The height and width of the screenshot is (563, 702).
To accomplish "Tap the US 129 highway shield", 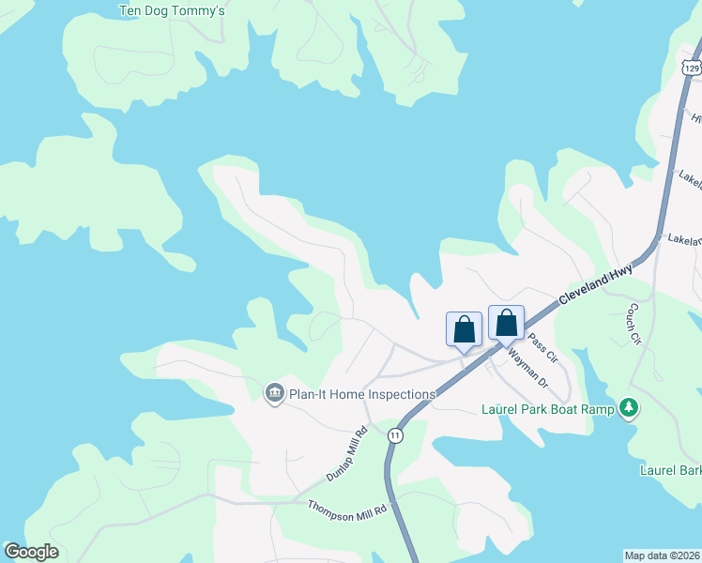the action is click(691, 68).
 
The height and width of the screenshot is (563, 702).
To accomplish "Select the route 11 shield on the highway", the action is click(395, 435).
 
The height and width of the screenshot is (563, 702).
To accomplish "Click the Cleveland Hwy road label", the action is click(596, 283).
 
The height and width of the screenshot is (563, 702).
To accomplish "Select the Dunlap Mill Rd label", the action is click(346, 456).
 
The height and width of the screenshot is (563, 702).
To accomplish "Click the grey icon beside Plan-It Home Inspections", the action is click(274, 392).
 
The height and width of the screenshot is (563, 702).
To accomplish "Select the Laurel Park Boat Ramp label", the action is click(547, 409).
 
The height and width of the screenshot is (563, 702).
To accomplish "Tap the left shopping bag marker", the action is click(464, 329).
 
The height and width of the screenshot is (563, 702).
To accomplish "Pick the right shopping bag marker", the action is click(506, 324).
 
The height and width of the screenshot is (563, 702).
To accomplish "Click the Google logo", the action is click(31, 552).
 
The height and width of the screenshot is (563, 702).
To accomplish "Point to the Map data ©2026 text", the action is click(663, 555).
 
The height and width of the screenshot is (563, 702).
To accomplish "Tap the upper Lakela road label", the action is click(690, 178).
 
